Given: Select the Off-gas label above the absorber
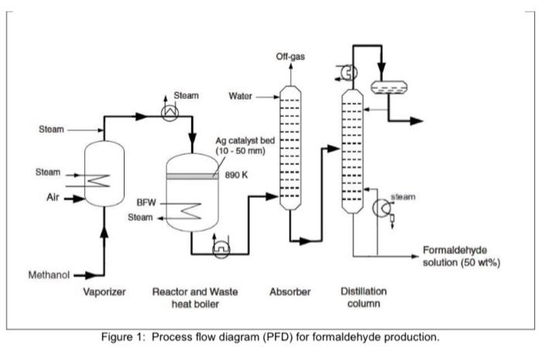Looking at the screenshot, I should (288, 57).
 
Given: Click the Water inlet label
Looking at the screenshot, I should (242, 97).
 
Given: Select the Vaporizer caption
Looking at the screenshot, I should (105, 293).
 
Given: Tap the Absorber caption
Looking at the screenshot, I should (290, 293).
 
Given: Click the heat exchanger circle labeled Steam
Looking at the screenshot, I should (168, 113).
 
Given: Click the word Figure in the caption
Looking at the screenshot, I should (120, 338).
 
